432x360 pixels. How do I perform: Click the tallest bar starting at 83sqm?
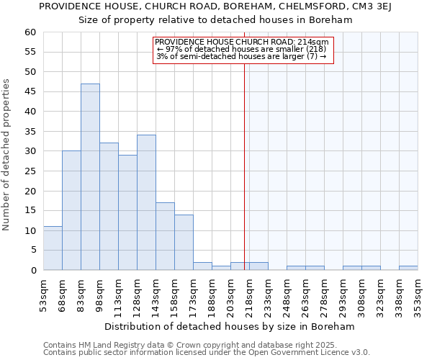coord(90,177)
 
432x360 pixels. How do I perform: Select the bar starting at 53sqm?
coord(53,248)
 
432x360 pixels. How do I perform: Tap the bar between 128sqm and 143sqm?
coord(146,202)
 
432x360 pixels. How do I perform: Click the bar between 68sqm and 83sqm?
coord(71,210)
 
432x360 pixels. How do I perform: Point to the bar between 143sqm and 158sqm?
coord(165,236)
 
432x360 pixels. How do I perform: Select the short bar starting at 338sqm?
coord(408,268)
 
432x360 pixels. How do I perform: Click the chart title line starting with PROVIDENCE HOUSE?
coord(215,6)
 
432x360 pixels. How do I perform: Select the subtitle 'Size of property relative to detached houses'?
coord(215,20)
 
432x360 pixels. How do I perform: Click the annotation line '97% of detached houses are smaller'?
coord(241,49)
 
